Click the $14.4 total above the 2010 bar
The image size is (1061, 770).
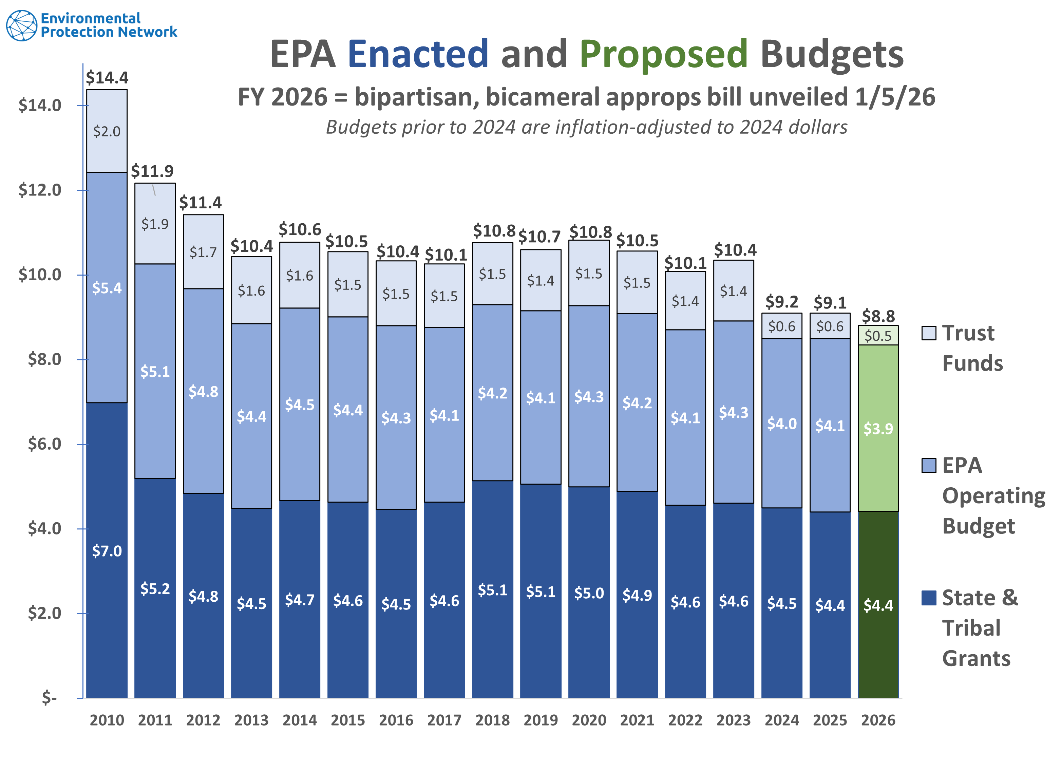pos(107,78)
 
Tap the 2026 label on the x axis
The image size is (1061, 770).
pos(878,720)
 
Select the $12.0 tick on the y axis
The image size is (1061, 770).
pos(40,190)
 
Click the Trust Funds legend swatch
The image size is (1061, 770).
pos(929,333)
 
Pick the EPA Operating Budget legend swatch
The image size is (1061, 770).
pos(929,466)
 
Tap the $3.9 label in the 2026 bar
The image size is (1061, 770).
pos(878,429)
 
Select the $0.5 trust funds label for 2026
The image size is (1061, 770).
pos(878,336)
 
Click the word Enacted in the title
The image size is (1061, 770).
pos(418,54)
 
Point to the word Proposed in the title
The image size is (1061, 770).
pos(663,54)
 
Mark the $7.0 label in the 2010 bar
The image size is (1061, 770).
pos(107,551)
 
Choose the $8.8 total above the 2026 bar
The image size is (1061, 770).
pos(878,316)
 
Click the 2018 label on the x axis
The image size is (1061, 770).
pos(493,720)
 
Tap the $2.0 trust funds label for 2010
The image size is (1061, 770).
pos(107,131)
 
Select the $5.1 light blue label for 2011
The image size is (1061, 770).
pos(155,372)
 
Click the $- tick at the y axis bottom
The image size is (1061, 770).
pos(49,697)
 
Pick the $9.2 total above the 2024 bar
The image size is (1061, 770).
pos(782,302)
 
